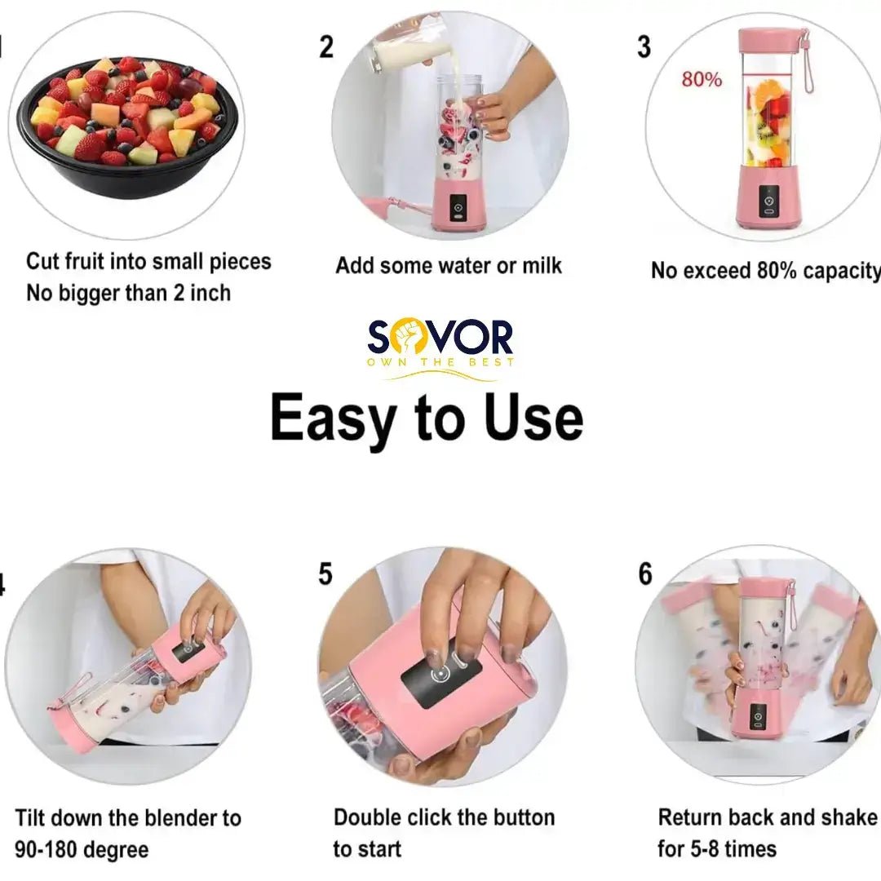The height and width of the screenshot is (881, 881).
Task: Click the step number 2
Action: (x=326, y=46)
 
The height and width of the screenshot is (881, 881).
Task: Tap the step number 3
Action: (x=644, y=46)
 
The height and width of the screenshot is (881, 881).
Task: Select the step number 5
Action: (x=325, y=574)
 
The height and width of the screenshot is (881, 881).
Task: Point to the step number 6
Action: (x=645, y=574)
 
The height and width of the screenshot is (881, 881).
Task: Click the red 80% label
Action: (x=702, y=80)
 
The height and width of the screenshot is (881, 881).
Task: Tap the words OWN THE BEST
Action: (x=440, y=362)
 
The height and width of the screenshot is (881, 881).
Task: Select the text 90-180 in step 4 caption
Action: (x=49, y=849)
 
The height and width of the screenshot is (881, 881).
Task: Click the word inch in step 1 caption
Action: (x=210, y=293)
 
